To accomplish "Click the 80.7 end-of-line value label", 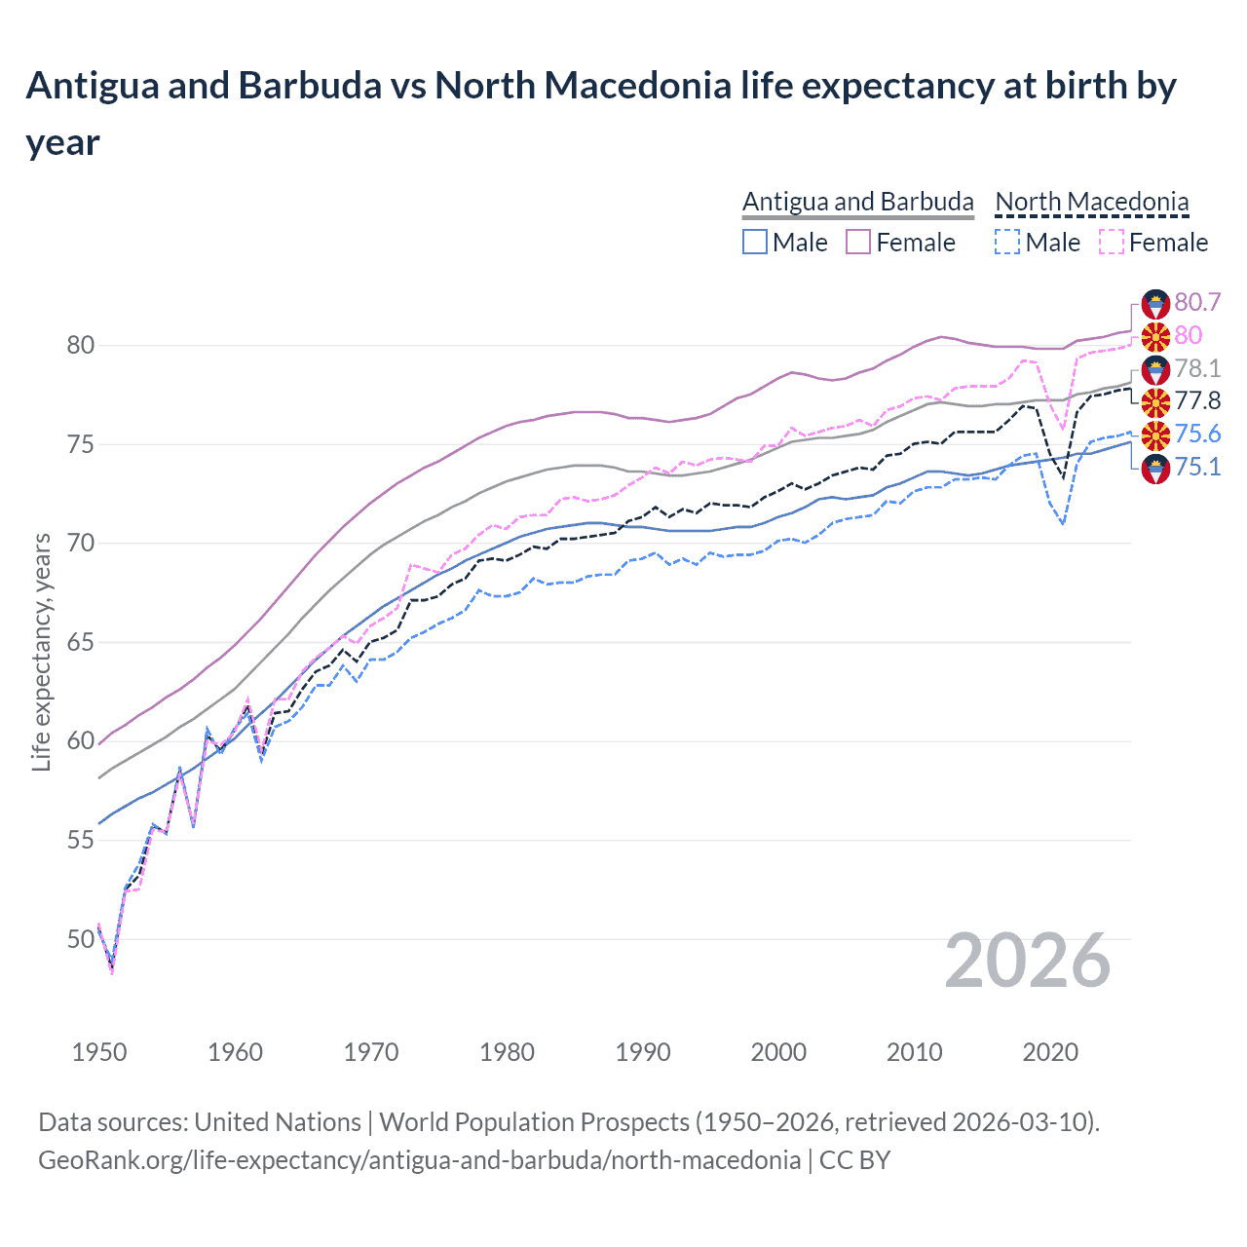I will point(1197,302).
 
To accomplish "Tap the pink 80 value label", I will point(1188,335).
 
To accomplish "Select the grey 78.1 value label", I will point(1197,368).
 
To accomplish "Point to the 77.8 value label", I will point(1197,401).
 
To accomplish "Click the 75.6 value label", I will point(1197,434).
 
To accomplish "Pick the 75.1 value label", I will point(1197,467).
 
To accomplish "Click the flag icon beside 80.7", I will point(1155,303).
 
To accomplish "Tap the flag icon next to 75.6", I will point(1155,435).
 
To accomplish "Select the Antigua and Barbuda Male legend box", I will point(755,242).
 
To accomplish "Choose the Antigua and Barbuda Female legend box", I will point(858,242).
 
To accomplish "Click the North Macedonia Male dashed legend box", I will point(1007,242).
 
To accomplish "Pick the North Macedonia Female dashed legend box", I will point(1111,242).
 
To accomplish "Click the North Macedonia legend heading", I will point(1091,202).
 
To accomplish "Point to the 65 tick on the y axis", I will point(81,642).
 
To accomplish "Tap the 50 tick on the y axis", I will point(81,939).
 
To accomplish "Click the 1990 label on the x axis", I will point(643,1052).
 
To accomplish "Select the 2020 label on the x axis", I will point(1050,1052).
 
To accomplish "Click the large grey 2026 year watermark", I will point(1028,961).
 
